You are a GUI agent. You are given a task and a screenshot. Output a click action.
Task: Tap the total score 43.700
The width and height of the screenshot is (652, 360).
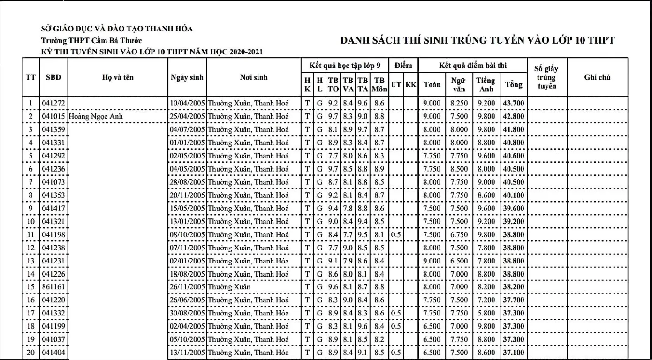coord(514,103)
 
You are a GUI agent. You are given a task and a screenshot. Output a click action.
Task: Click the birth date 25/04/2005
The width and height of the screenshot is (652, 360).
coord(187,116)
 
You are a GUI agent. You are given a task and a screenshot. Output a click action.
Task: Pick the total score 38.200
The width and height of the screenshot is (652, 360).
coord(514,286)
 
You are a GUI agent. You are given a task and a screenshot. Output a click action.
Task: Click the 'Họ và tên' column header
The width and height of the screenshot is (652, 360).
coord(118,78)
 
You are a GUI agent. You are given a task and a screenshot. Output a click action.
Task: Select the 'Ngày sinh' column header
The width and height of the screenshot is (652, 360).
coord(187,78)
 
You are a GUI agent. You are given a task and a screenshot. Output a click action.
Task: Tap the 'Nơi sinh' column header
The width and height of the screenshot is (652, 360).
coord(254,78)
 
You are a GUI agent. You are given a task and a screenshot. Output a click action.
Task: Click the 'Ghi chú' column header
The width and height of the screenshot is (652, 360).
coord(597,78)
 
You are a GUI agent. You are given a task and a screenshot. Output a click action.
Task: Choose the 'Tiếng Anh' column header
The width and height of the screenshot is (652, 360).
coord(485,85)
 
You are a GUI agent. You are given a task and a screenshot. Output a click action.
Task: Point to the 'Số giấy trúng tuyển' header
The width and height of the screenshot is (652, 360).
coord(546,77)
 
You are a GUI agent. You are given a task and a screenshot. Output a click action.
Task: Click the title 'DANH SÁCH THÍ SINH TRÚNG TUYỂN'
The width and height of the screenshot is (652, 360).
coord(478,40)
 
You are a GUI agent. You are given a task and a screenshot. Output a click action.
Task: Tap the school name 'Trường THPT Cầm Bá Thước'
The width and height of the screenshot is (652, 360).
coord(91,40)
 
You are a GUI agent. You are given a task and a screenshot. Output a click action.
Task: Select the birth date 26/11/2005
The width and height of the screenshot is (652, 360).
coord(187,286)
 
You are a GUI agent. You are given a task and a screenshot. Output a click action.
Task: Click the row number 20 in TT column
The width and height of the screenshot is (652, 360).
coord(30,352)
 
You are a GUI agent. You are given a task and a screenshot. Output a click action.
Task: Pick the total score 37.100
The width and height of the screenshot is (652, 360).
coord(514,352)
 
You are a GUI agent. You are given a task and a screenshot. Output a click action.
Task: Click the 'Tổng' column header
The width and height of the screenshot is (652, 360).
coord(514,85)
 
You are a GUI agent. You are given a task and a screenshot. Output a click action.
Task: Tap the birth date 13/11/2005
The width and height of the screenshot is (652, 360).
coord(187,352)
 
